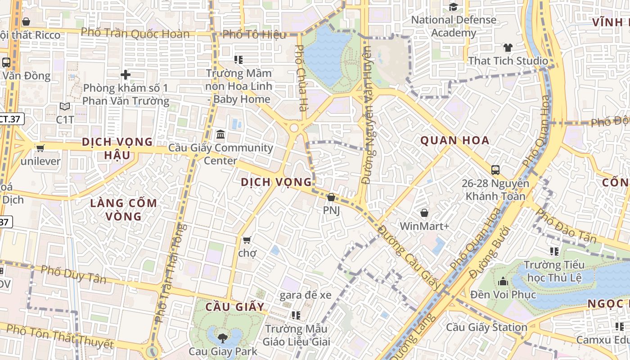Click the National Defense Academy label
453,26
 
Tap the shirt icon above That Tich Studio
508,48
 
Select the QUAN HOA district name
454,140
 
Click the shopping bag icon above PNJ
331,197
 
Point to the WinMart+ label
424,226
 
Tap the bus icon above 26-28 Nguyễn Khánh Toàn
495,170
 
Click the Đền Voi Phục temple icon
503,282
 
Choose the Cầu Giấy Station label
486,327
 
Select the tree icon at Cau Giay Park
222,337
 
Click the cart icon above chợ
247,240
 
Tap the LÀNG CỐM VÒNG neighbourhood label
123,210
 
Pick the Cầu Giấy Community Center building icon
220,135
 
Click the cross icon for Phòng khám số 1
126,75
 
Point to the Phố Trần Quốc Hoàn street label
135,33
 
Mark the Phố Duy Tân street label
73,274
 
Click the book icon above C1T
65,107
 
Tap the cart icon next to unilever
40,148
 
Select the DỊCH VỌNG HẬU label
117,148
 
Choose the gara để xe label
305,295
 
